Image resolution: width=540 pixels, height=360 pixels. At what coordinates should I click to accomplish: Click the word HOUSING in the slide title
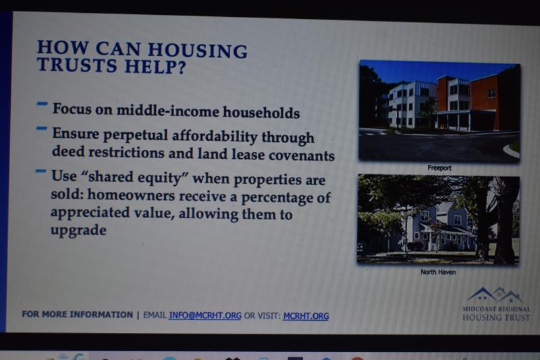(x=198, y=51)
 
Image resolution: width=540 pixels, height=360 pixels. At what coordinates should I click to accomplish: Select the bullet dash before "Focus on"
(x=43, y=103)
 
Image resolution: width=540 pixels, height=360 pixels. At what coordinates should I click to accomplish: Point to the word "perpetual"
(x=136, y=134)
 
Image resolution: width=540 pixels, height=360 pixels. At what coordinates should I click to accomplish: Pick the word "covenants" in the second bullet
(x=302, y=155)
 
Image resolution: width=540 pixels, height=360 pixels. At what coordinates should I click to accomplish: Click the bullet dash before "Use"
(x=41, y=171)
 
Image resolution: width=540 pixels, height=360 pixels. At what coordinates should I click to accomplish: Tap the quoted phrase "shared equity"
(x=134, y=178)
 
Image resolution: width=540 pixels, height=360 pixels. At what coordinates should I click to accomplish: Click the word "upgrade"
(x=78, y=230)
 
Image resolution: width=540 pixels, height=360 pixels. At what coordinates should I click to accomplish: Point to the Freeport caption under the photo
(x=439, y=168)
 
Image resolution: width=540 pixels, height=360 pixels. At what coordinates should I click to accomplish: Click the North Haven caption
(x=438, y=272)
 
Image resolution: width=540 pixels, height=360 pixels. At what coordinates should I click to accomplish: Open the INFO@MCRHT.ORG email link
(x=205, y=315)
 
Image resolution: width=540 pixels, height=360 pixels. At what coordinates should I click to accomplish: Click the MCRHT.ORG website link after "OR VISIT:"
(x=306, y=316)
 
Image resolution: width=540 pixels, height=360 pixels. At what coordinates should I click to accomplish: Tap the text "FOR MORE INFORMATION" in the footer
(x=78, y=314)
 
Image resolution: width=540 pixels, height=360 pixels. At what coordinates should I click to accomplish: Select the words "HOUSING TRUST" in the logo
(x=496, y=317)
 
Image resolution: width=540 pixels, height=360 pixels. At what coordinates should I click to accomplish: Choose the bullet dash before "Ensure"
(x=42, y=128)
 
